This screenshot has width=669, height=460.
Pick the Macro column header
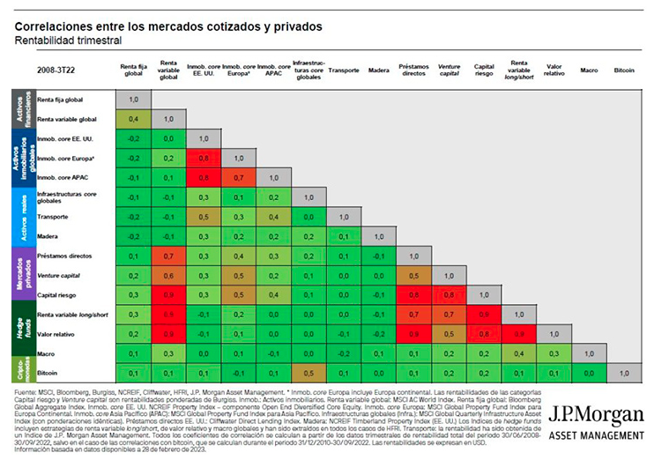point(591,68)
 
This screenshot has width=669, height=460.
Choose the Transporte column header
point(344,68)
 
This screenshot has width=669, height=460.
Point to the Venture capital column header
point(450,68)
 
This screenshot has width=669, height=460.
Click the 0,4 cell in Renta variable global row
point(132,118)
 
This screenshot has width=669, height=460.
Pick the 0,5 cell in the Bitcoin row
point(308,374)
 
